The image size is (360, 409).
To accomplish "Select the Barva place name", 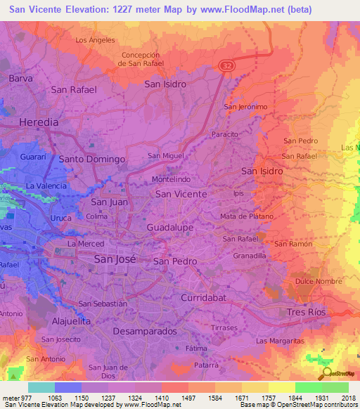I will pyautogui.click(x=21, y=79).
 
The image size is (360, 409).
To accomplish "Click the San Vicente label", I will pyautogui.click(x=181, y=194).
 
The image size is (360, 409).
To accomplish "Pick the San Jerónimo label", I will pyautogui.click(x=245, y=107).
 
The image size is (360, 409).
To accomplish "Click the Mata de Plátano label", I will pyautogui.click(x=246, y=216).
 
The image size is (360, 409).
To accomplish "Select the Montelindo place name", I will pyautogui.click(x=171, y=180).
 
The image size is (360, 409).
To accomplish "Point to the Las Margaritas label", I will pyautogui.click(x=278, y=341).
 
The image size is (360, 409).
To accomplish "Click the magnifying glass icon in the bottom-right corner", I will pyautogui.click(x=326, y=374).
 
